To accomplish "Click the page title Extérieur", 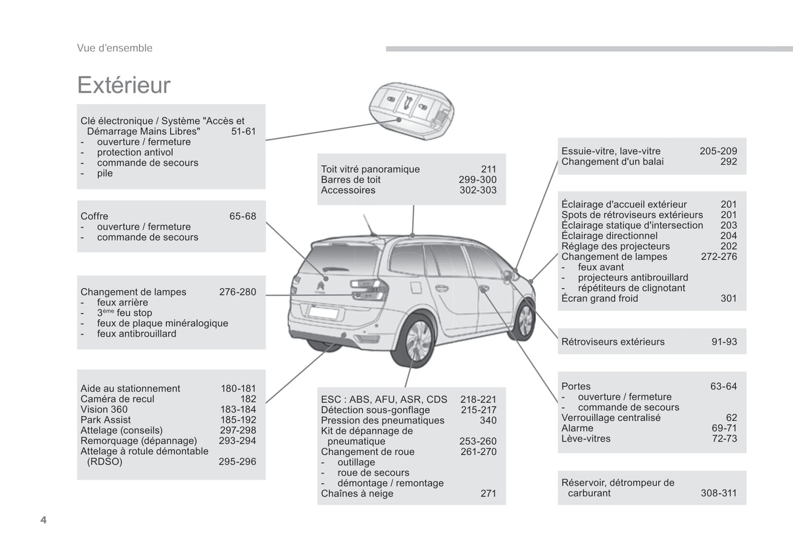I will tap(124, 86).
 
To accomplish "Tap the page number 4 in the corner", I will tap(43, 520).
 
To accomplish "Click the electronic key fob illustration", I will tap(410, 110).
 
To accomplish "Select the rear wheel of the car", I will tap(417, 341).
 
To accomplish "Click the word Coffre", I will tap(94, 216).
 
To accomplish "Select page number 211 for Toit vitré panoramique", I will tap(488, 170).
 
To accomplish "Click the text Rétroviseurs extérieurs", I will tap(612, 342).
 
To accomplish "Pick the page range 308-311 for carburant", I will tap(718, 493).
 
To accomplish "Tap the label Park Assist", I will tap(105, 420).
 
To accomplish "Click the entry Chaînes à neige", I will tap(357, 494).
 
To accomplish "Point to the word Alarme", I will tap(577, 428).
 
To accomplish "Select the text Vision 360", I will tap(104, 410).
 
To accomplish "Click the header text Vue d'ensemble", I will tap(115, 48).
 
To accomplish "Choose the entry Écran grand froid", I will tap(599, 298).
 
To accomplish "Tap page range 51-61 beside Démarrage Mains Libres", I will tap(243, 132).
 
